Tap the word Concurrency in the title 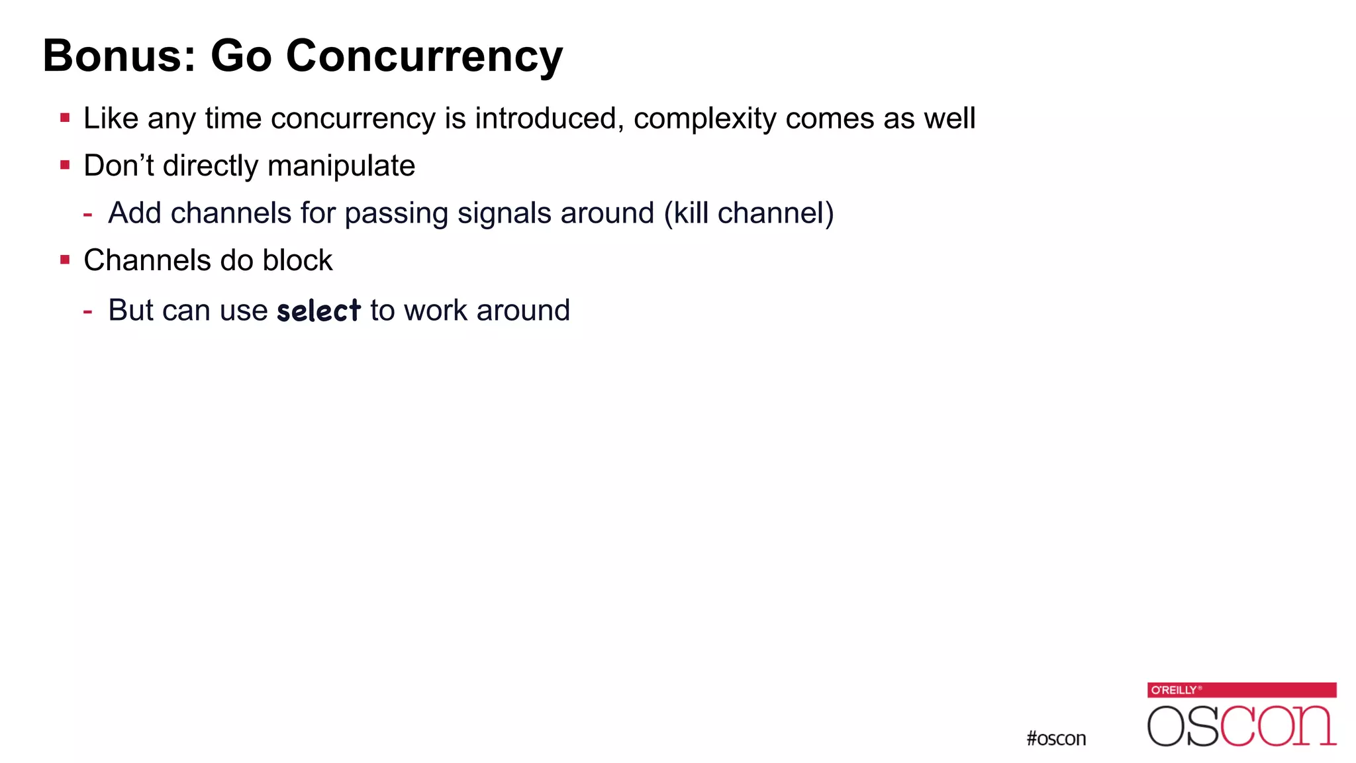coord(424,57)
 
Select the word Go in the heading coord(241,56)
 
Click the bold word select coord(318,311)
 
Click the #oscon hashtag coord(1056,738)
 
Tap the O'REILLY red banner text coord(1174,690)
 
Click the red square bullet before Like coord(65,119)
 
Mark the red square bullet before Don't coord(65,165)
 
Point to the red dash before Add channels coord(87,214)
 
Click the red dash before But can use coord(87,311)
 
